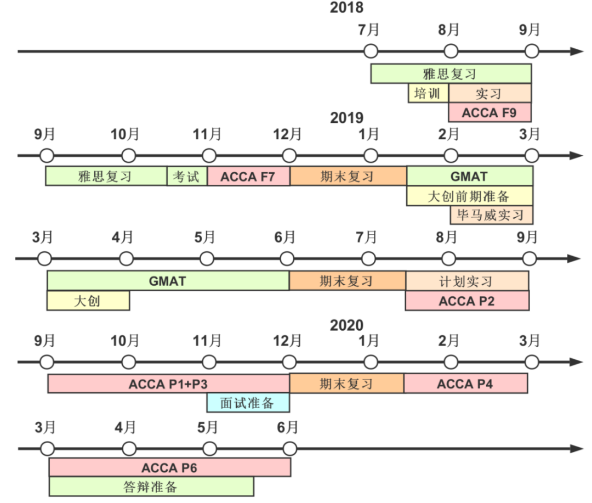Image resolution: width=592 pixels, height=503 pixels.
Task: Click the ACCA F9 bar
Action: click(x=489, y=112)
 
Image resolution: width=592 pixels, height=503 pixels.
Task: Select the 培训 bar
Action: click(x=428, y=93)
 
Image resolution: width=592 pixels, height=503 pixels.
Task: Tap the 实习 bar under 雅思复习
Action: click(x=489, y=93)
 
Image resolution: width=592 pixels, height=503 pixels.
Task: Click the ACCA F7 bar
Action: click(x=248, y=177)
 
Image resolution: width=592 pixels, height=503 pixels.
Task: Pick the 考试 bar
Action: click(x=187, y=177)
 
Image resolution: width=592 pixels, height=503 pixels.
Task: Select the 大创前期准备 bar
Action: click(x=469, y=196)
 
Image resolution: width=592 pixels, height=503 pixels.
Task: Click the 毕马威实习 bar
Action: click(x=491, y=215)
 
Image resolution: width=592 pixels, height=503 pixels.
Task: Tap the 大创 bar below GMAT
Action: click(x=88, y=301)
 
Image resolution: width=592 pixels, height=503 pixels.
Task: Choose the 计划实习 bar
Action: click(x=467, y=281)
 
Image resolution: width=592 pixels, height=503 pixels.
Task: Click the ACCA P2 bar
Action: click(x=467, y=301)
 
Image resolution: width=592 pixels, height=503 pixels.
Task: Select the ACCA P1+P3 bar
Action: click(x=168, y=383)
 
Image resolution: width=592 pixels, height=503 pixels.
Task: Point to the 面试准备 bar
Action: click(x=248, y=403)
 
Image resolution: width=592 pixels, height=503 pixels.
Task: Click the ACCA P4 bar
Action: click(x=465, y=383)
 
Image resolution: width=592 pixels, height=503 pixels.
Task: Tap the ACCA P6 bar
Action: click(x=169, y=467)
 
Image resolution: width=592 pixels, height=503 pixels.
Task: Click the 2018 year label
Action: click(x=346, y=8)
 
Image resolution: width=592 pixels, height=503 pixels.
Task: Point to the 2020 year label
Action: click(x=346, y=325)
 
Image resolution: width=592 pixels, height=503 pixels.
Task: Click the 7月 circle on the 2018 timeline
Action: click(x=371, y=52)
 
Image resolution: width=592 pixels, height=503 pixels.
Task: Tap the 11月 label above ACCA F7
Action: click(x=208, y=134)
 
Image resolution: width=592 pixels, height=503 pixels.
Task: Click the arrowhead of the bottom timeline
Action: click(x=576, y=449)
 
